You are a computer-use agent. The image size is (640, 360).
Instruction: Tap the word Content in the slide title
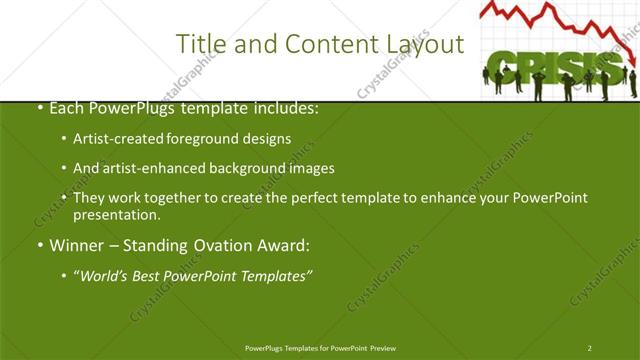tap(323, 44)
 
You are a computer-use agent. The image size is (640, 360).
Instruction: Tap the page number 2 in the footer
tap(590, 347)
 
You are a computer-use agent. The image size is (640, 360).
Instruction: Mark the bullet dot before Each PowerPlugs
tap(39, 108)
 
